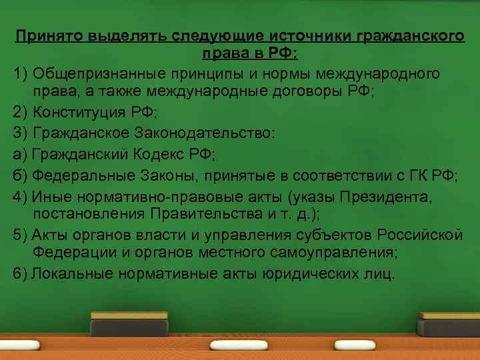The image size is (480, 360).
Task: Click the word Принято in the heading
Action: [43, 37]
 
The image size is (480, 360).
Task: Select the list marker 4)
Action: [20, 197]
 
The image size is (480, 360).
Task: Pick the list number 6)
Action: [20, 273]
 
